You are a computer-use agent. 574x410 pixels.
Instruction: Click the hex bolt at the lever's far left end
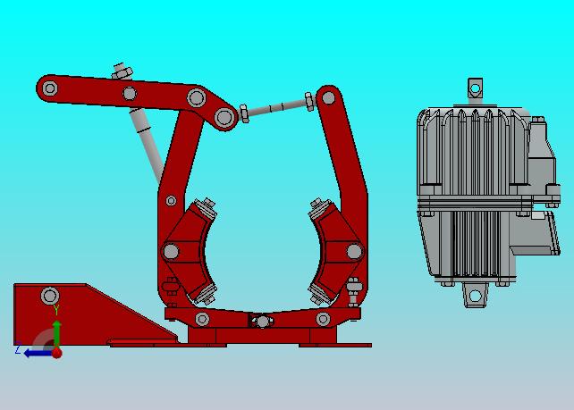50,88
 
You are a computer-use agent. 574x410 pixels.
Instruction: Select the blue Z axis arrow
38,353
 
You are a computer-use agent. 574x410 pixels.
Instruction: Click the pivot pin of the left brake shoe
171,251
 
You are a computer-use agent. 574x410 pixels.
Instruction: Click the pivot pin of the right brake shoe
354,251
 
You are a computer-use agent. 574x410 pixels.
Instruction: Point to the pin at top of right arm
328,97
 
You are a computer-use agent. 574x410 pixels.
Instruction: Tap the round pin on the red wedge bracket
50,296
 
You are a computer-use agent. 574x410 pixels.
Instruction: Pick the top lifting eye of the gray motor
475,88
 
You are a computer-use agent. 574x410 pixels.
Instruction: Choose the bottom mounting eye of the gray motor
475,295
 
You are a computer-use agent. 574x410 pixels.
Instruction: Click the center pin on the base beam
262,322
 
